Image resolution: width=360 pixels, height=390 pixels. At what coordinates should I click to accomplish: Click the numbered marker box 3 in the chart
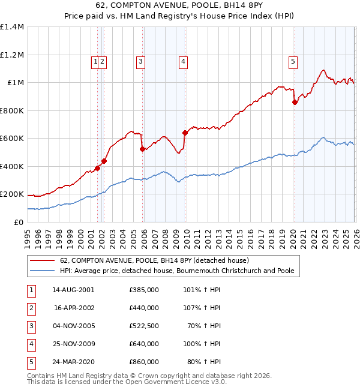(140, 61)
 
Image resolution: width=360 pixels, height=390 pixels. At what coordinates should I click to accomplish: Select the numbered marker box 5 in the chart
(293, 61)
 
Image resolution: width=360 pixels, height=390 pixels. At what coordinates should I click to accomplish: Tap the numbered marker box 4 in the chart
(182, 61)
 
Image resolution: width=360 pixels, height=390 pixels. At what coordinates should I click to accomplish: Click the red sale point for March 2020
(295, 103)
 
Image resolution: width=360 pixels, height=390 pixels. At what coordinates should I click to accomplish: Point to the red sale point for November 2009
(185, 133)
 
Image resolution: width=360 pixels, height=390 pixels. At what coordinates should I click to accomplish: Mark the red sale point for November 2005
(142, 149)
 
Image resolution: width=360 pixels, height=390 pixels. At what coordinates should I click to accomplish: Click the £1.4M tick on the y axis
(12, 27)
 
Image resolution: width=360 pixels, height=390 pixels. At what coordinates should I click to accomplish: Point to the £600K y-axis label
(12, 139)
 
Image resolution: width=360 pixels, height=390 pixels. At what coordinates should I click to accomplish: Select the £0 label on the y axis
(18, 222)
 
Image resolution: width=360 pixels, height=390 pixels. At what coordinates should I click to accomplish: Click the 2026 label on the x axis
(355, 235)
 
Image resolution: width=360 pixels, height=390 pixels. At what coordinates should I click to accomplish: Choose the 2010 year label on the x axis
(186, 235)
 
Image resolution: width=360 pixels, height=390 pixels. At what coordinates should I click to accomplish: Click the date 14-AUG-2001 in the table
(73, 290)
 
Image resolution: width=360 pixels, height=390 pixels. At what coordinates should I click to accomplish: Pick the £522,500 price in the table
(144, 326)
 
